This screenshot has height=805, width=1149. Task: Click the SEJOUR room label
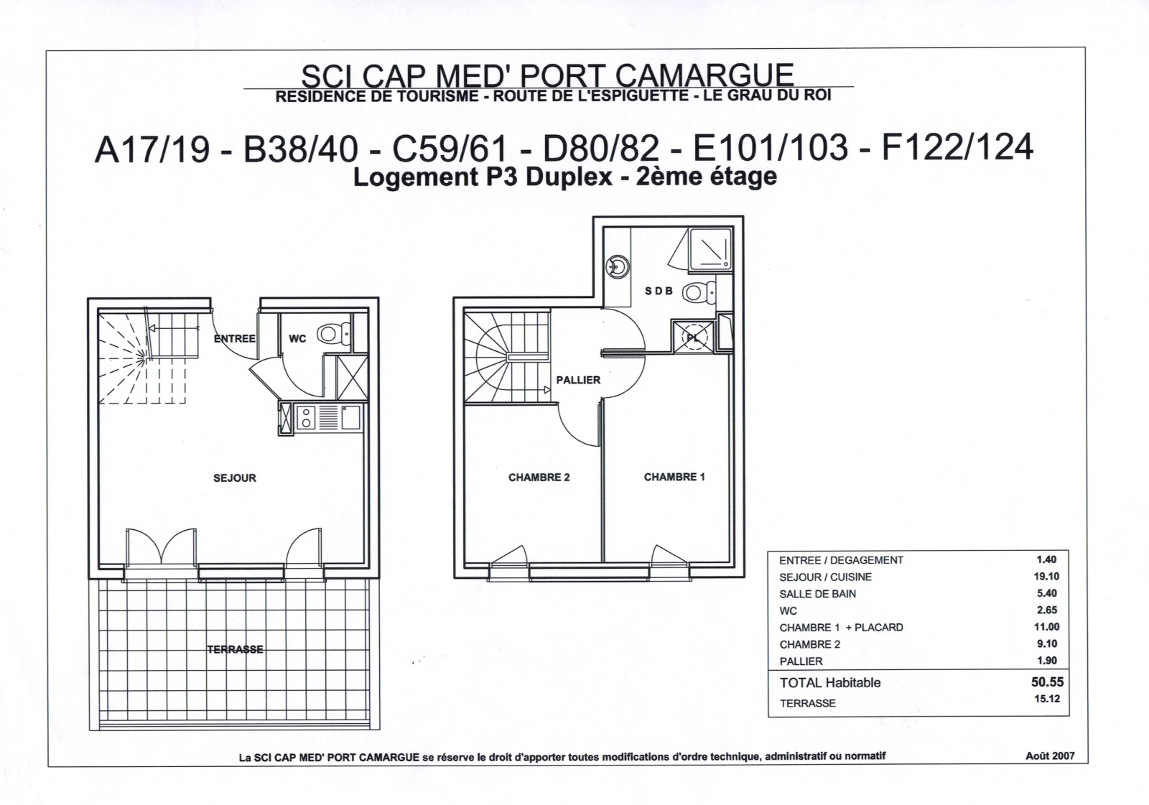click(x=234, y=478)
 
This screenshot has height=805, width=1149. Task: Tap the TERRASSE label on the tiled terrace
click(x=236, y=650)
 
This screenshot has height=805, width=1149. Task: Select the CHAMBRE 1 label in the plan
click(x=674, y=477)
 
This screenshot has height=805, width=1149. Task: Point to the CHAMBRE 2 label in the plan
click(x=539, y=478)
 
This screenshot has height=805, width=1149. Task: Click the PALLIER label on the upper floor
click(x=578, y=380)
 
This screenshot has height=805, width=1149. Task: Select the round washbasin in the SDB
click(x=618, y=266)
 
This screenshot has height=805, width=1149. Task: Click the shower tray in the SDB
click(x=710, y=249)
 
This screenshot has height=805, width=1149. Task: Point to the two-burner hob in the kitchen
click(x=306, y=418)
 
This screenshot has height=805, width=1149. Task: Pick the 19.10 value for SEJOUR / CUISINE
click(x=1046, y=576)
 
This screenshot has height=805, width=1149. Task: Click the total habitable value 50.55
click(x=1048, y=682)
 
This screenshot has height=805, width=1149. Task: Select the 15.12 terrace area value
click(x=1047, y=698)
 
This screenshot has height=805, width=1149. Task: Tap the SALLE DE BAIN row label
click(x=818, y=594)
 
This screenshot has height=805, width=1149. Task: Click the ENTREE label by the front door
click(x=234, y=339)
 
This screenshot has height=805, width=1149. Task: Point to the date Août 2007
click(x=1050, y=755)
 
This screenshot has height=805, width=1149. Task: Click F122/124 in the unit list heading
click(x=957, y=147)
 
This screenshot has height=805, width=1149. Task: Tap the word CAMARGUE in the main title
click(x=704, y=75)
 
